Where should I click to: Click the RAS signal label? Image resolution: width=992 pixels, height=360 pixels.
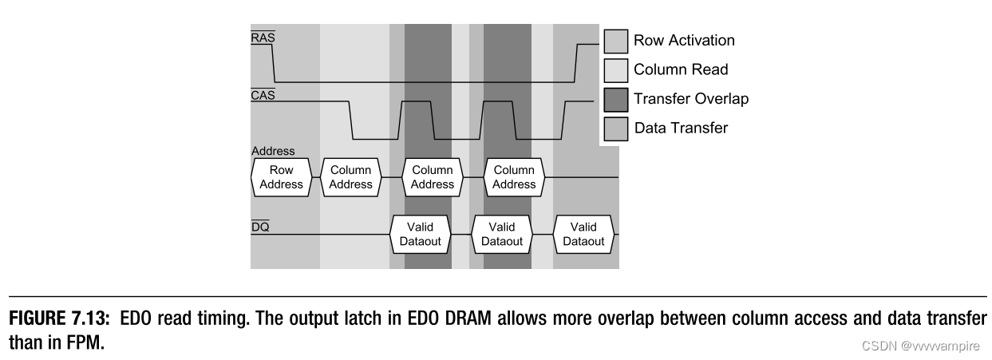click(263, 38)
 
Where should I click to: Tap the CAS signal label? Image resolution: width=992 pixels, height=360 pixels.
click(263, 95)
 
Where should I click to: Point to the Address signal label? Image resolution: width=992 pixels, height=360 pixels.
click(273, 151)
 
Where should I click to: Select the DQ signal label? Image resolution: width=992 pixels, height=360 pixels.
click(260, 227)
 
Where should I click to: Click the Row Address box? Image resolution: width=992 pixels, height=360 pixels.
click(281, 176)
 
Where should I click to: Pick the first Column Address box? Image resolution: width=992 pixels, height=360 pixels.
click(351, 176)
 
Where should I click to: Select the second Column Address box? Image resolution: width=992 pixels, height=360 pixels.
click(432, 176)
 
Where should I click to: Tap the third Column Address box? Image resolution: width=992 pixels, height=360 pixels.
click(514, 176)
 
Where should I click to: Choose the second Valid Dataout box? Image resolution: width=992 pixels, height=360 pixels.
click(503, 234)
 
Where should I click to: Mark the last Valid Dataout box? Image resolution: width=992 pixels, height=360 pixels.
click(583, 234)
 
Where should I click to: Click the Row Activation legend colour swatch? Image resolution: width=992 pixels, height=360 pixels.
click(615, 41)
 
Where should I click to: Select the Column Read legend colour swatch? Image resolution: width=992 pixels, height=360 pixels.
click(615, 69)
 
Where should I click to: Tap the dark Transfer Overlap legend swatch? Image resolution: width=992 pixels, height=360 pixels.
click(615, 99)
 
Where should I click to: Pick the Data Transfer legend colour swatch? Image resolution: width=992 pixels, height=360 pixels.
click(615, 128)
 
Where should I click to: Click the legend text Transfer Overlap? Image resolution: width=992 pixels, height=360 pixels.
click(690, 99)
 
